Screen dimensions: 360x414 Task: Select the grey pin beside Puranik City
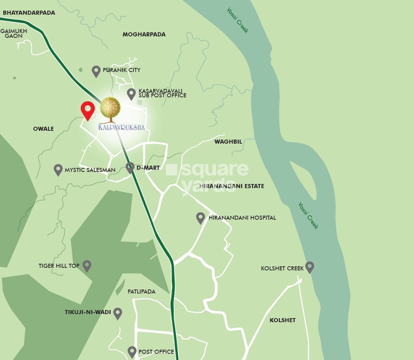[x=96, y=71]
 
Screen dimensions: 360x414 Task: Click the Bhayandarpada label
[x=29, y=13]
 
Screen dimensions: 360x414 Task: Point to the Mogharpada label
[x=144, y=35]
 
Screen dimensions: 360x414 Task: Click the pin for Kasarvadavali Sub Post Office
[x=131, y=94]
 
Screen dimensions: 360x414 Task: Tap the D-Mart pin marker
[x=130, y=168]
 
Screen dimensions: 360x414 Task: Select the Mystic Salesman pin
[x=58, y=169]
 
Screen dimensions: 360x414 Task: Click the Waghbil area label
[x=228, y=142]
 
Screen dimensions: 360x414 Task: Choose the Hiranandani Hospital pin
[x=200, y=217]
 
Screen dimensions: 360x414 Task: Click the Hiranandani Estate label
[x=232, y=186]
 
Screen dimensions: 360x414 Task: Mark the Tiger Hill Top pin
[x=87, y=265]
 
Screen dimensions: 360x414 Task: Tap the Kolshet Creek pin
[x=310, y=267]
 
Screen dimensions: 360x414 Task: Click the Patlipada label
[x=142, y=292]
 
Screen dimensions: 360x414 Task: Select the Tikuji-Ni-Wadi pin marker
[x=118, y=313]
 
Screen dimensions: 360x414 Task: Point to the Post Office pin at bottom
[x=132, y=352]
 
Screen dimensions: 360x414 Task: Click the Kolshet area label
[x=282, y=320]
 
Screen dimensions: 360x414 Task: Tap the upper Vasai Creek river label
[x=238, y=20]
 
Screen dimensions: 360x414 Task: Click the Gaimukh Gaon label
[x=14, y=33]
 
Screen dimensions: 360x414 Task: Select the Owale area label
[x=43, y=129]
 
